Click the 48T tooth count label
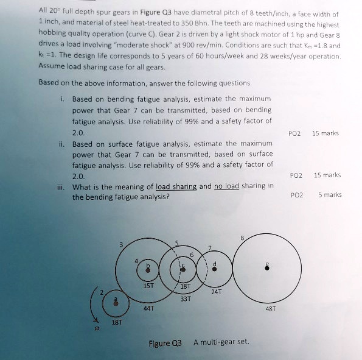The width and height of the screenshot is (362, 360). click(271, 308)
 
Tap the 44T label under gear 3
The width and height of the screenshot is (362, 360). click(148, 308)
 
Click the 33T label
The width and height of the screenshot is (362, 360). click(186, 298)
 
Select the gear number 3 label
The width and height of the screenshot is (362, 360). click(121, 244)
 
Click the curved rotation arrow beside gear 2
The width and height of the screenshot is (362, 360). click(92, 314)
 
